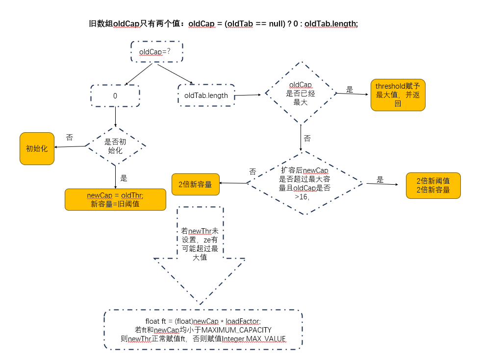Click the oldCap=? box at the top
[x=157, y=51]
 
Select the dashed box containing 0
[x=115, y=96]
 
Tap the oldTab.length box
[x=206, y=96]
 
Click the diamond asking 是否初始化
[x=115, y=146]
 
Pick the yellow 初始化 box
[x=37, y=148]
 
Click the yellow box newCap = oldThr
[x=115, y=199]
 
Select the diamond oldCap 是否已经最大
[x=300, y=93]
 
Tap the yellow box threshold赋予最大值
[x=398, y=95]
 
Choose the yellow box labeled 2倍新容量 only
[x=195, y=184]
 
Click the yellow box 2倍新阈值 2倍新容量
[x=433, y=185]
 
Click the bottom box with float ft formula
[x=203, y=330]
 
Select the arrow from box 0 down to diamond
[x=115, y=117]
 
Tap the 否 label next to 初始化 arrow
[x=69, y=138]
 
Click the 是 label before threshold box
[x=350, y=90]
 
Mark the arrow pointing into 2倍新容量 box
[x=232, y=183]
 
